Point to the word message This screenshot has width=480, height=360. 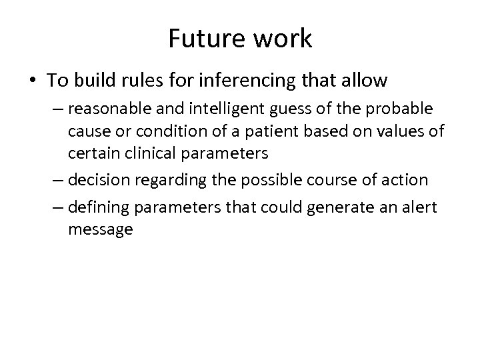[101, 230]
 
